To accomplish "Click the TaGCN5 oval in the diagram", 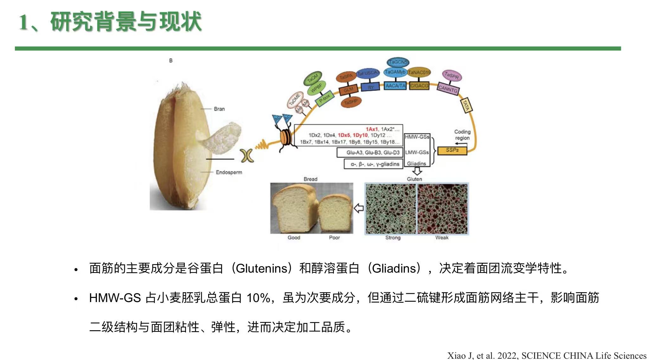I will coord(398,62).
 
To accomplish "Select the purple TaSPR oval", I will coord(452,76).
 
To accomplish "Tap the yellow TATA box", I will coord(466,105).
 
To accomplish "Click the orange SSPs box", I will coord(452,150).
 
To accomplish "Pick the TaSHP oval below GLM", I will coord(351,102).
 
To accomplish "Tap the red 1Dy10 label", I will coord(360,135).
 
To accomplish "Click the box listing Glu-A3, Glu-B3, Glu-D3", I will coord(370,153).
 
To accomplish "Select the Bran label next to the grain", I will coord(219,109).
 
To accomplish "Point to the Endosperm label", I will coord(229,172).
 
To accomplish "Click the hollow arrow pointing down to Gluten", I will coord(418,171).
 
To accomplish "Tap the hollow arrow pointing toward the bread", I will coord(359,208).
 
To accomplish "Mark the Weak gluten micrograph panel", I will coord(443,209).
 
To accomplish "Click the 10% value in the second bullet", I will coord(258,298).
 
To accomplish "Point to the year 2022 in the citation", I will coord(507,356).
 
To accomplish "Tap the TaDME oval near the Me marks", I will coord(295,100).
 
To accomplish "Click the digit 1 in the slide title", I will coord(24,22).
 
